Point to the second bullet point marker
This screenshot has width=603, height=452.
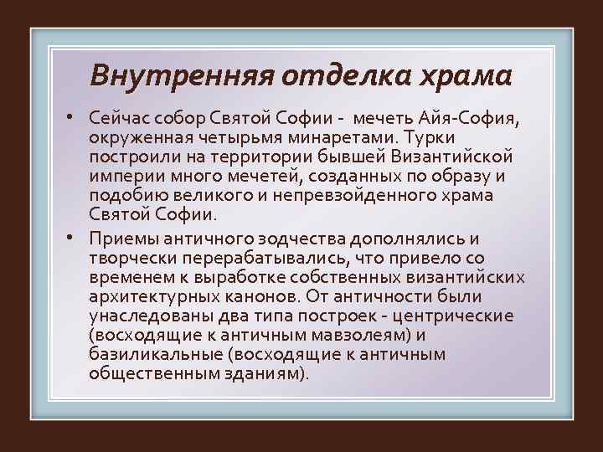click(75, 237)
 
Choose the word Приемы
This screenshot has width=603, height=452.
click(123, 239)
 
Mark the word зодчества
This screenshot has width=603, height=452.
click(290, 239)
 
